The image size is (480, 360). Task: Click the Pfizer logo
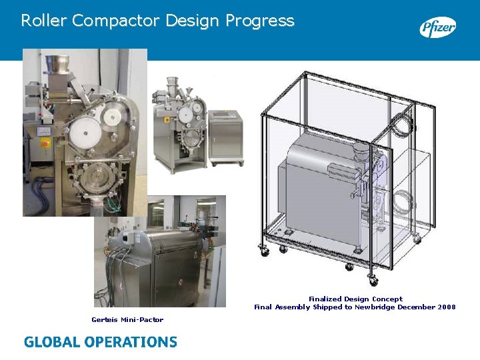click(437, 27)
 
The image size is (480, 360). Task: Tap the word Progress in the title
click(259, 21)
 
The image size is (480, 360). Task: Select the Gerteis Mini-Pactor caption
click(127, 320)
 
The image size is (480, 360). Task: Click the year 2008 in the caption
click(447, 307)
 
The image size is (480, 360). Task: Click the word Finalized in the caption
click(326, 299)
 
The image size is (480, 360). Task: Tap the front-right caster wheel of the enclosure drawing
click(373, 280)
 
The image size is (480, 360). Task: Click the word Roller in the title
click(43, 21)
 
